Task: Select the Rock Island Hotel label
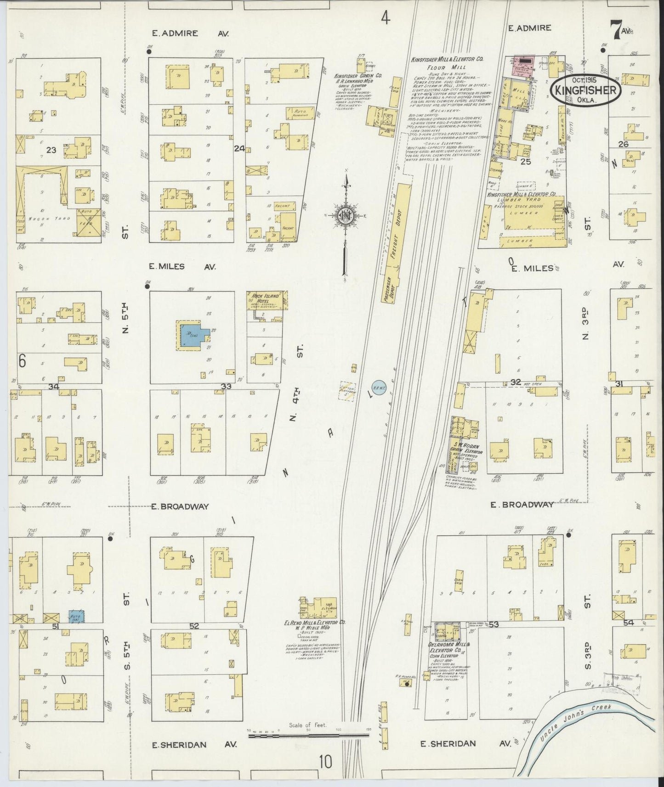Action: tap(267, 297)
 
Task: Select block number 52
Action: tap(194, 626)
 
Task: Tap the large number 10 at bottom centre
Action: tap(326, 761)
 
